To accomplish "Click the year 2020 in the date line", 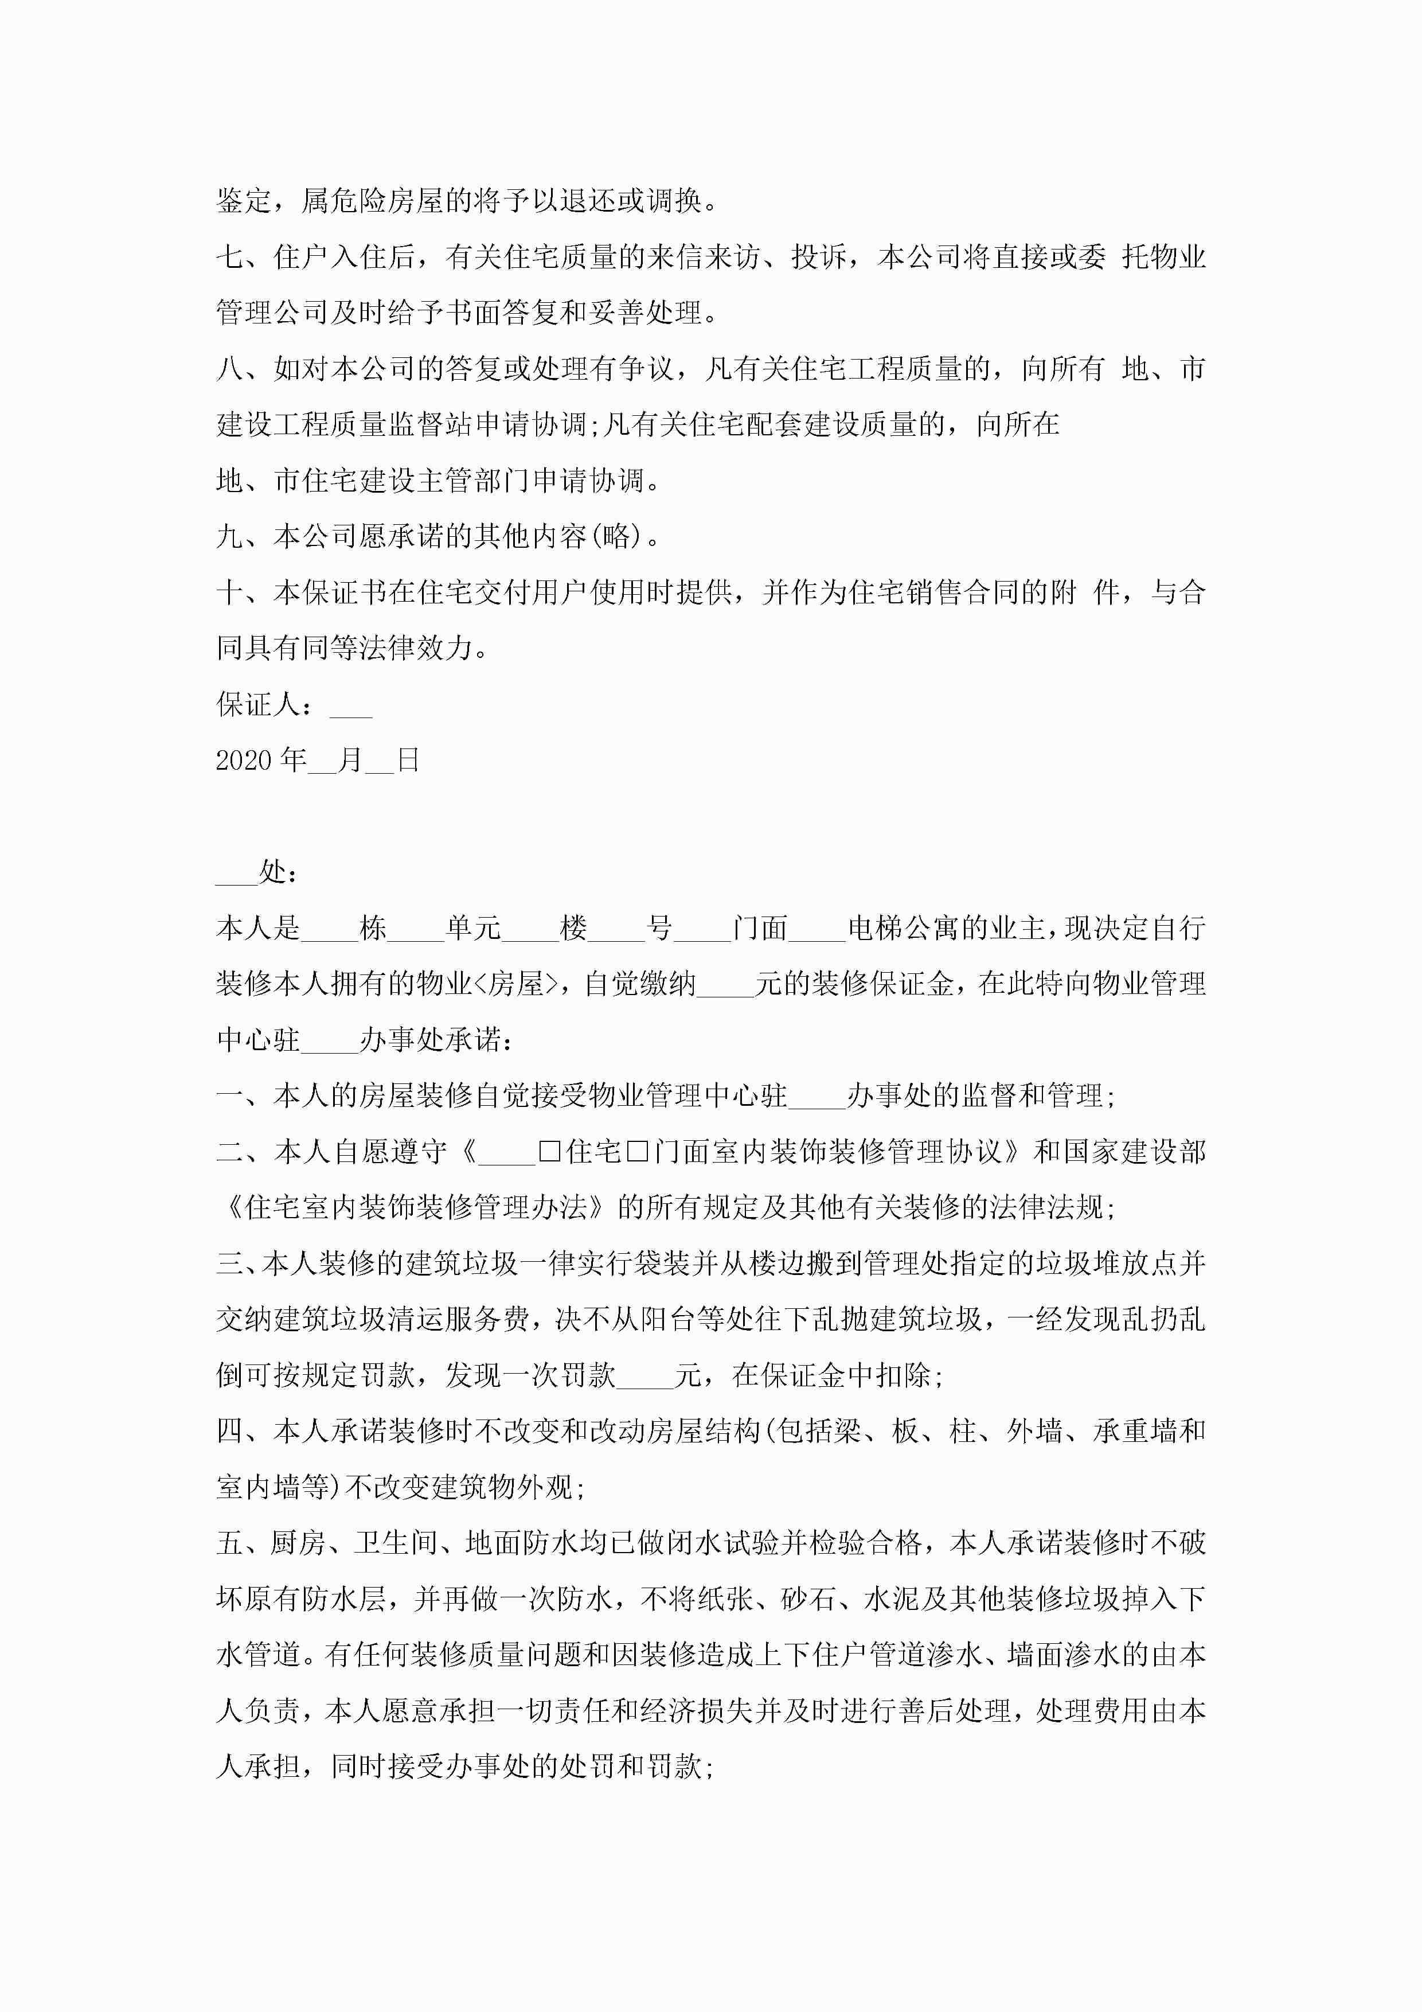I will pyautogui.click(x=244, y=760).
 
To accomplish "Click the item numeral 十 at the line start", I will pyautogui.click(x=229, y=592).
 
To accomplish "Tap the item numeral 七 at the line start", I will pyautogui.click(x=229, y=257).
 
